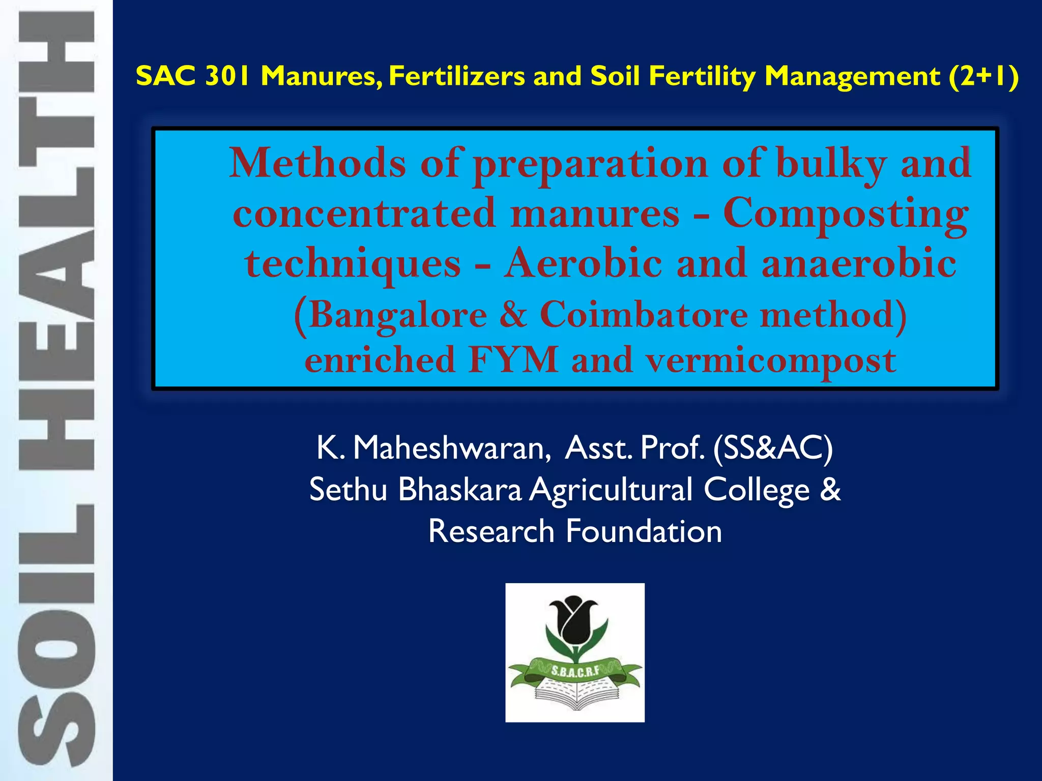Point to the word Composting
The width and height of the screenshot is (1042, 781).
coord(846,214)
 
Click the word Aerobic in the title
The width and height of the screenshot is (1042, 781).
coord(583,263)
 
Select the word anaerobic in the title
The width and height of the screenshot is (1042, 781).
coord(858,263)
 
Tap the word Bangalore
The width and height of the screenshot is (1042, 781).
coord(397,315)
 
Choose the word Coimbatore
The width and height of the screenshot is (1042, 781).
coord(643,314)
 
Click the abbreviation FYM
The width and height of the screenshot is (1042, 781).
coord(513,359)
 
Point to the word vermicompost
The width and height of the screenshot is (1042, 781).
coord(770,361)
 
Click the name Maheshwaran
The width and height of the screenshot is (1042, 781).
coord(451,448)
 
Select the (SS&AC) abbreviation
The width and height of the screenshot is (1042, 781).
coord(773,448)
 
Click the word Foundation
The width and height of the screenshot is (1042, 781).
coord(644,531)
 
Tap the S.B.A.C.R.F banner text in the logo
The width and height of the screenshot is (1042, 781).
coord(575,671)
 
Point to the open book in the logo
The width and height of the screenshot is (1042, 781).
coord(575,694)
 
